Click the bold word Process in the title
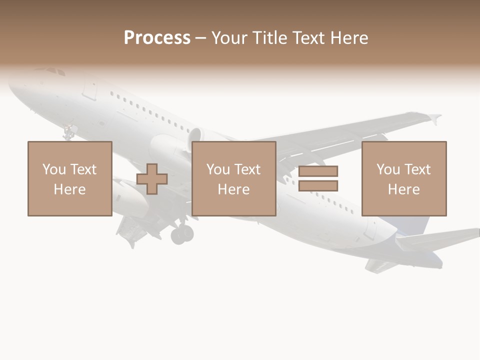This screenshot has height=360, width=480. click(157, 38)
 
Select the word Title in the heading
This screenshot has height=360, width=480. click(269, 38)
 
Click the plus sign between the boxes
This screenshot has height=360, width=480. click(152, 179)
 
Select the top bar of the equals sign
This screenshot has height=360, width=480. click(318, 171)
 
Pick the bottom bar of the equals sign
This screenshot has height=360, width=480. click(318, 186)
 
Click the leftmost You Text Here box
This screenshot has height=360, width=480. click(69, 178)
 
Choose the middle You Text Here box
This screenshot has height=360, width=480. click(233, 178)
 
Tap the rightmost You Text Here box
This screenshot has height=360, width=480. click(403, 178)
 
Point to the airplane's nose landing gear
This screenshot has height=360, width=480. click(68, 133)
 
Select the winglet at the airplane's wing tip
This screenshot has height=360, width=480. click(434, 118)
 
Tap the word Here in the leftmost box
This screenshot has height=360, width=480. click(69, 189)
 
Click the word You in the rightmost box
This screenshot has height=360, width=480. click(388, 169)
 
